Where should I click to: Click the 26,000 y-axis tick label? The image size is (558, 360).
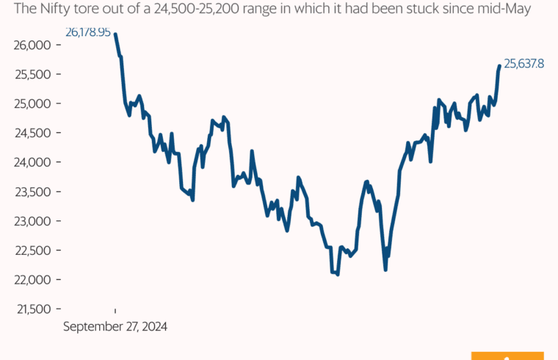click(x=30, y=45)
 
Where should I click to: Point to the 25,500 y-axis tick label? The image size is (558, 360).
click(x=30, y=74)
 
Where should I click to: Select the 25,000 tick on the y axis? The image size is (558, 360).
click(x=30, y=104)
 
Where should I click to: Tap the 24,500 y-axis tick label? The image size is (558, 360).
click(x=30, y=133)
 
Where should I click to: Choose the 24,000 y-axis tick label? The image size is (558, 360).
click(x=30, y=162)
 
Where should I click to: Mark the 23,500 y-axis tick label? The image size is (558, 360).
click(x=30, y=192)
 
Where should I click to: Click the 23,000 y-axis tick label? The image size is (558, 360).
click(x=30, y=221)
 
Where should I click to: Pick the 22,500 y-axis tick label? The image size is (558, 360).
click(x=30, y=251)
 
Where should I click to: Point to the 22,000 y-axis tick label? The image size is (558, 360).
click(x=30, y=280)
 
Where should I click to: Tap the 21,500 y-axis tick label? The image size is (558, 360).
click(x=30, y=309)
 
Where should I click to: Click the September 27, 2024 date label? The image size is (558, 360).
click(x=115, y=326)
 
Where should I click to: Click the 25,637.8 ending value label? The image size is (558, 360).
click(x=524, y=64)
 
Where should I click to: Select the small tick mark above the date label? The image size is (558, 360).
click(x=115, y=312)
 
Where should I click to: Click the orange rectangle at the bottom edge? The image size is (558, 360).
click(x=507, y=356)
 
